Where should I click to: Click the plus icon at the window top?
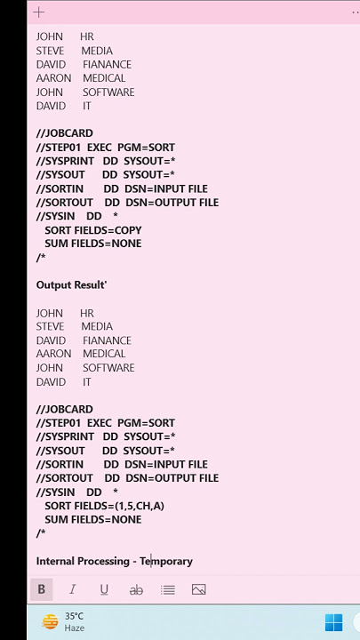[x=39, y=12]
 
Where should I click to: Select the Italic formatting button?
[x=73, y=589]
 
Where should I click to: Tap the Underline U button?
[x=104, y=590]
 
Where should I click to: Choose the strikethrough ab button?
[x=136, y=590]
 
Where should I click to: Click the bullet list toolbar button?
[x=168, y=590]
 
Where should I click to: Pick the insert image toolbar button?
[x=199, y=589]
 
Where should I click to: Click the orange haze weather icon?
[x=50, y=622]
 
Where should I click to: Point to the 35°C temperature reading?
[x=74, y=616]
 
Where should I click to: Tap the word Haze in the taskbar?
[x=75, y=628]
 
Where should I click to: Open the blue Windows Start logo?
[x=334, y=622]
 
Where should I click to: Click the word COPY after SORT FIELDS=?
[x=128, y=230]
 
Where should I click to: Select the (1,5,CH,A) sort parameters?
[x=140, y=506]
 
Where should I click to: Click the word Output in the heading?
[x=52, y=285]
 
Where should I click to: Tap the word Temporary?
[x=166, y=562]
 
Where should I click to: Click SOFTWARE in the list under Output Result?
[x=108, y=368]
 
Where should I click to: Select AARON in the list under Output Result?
[x=53, y=354]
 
